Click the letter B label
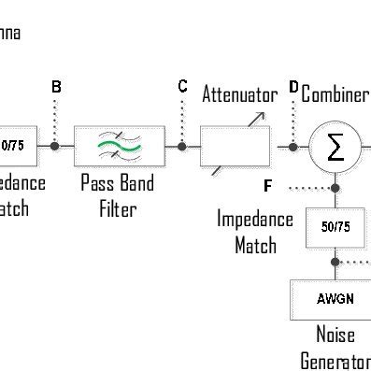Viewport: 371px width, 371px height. pos(56,87)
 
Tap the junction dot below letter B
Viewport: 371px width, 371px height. pos(55,146)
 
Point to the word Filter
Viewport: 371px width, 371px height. pos(119,208)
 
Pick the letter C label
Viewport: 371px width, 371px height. pos(183,87)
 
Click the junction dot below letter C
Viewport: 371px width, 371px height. pos(182,146)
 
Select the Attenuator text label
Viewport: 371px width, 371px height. pos(239,94)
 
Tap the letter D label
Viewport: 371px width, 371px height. pos(293,87)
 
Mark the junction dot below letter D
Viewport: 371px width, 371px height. pos(293,146)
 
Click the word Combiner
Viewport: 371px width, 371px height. pos(335,94)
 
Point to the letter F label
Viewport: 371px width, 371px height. pos(268,187)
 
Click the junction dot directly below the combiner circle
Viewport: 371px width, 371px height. pos(335,188)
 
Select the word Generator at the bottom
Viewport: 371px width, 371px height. pos(335,361)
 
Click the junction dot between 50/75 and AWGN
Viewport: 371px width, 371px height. pos(335,263)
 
